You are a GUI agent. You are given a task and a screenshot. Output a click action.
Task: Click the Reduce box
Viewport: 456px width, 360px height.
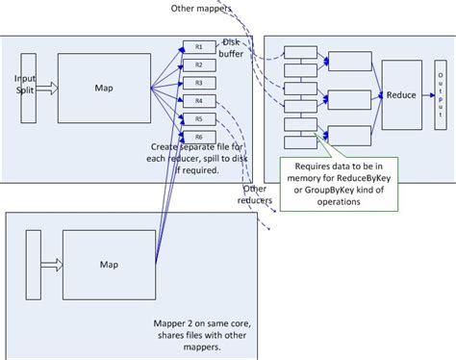click(x=402, y=95)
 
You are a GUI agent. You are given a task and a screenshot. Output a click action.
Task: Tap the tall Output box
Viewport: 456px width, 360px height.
click(x=441, y=95)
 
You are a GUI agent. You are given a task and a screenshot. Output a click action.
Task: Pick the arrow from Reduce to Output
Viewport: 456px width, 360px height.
click(x=427, y=95)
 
